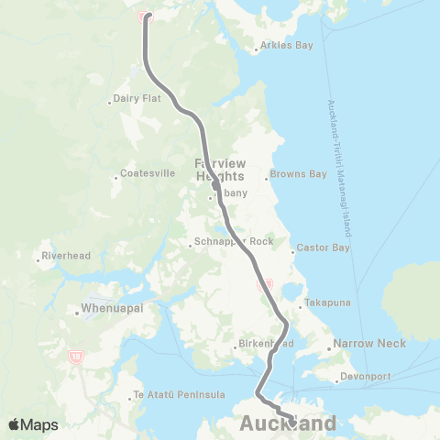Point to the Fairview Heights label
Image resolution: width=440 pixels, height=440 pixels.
tap(220, 170)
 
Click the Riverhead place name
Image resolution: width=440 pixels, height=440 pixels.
tap(68, 257)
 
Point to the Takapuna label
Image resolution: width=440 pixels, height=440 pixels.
tap(328, 302)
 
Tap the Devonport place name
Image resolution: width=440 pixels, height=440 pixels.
tap(365, 376)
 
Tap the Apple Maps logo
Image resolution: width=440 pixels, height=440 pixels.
tap(32, 424)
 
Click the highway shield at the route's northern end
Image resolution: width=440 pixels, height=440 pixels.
tap(142, 16)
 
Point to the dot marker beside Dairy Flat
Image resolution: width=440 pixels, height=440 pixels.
tap(110, 101)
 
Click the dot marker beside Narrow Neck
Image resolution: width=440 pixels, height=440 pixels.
tap(330, 347)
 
